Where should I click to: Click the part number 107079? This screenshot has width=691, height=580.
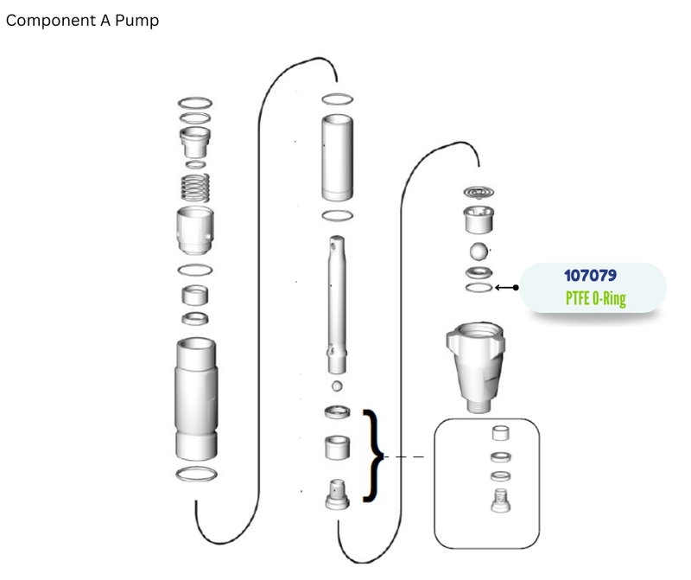pos(590,276)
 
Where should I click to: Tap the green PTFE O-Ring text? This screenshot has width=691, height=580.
pos(596,298)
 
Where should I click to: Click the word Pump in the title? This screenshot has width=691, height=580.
pos(136,21)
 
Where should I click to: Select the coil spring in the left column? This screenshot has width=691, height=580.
pos(195,188)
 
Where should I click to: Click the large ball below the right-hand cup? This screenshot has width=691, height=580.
pos(479,252)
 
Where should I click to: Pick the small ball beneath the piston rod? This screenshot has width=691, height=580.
pos(337,386)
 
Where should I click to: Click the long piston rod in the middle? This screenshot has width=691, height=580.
pos(337,304)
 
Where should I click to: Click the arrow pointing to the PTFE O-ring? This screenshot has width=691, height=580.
pos(507,288)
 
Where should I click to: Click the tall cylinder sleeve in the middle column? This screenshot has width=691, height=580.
pos(337,157)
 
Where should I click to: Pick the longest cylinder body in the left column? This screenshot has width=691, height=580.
pos(196,399)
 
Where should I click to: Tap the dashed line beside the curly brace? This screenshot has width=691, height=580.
pos(404,457)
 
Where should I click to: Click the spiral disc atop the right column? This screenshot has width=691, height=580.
pos(479,192)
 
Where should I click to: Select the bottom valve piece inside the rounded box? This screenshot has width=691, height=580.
pos(501,500)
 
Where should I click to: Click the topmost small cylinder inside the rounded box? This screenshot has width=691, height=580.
pos(501,433)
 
